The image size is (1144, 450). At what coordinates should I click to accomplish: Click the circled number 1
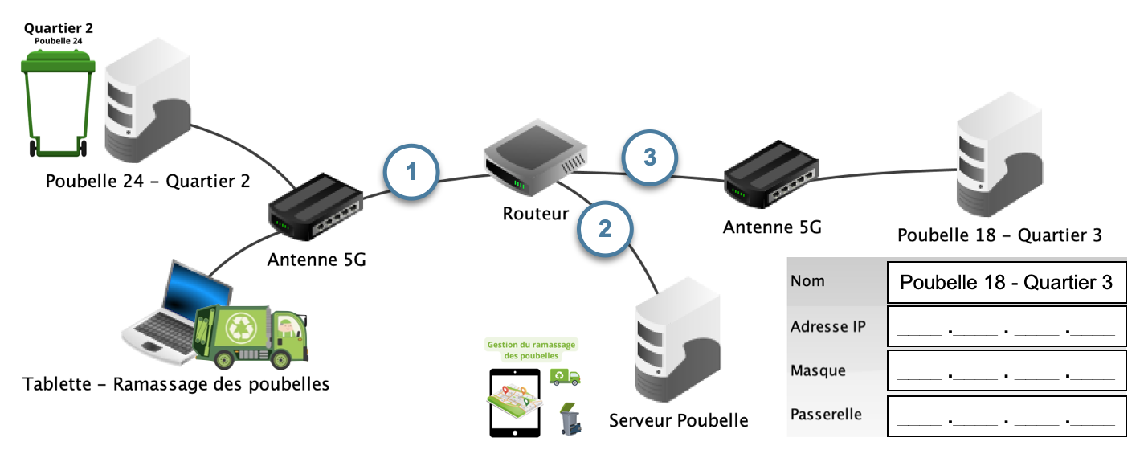(x=411, y=171)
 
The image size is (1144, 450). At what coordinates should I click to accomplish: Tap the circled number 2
(x=605, y=228)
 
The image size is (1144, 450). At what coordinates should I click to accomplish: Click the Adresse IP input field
(x=1006, y=326)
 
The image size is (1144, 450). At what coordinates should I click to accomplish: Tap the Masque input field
(x=1006, y=370)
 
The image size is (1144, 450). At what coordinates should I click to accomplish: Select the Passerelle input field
(x=1006, y=415)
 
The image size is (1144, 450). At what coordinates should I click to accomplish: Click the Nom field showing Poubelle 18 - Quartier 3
(x=1006, y=282)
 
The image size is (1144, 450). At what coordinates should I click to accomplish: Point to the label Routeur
(x=536, y=214)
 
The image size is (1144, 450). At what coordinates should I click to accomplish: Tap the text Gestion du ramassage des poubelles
(x=532, y=350)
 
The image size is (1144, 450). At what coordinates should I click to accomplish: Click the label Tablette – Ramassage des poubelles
(x=177, y=384)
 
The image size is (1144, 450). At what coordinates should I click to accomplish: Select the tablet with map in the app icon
(x=513, y=403)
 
